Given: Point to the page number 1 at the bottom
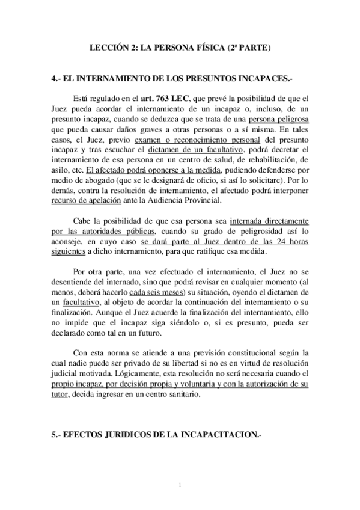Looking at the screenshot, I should (x=180, y=485).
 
